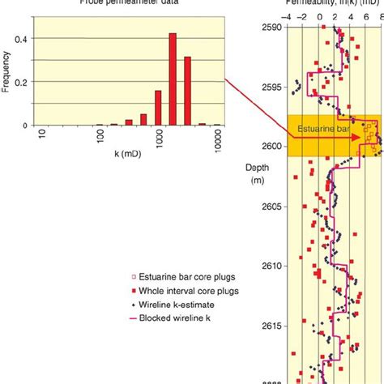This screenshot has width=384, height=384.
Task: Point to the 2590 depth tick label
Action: click(271, 27)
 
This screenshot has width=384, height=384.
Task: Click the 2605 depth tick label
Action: click(271, 207)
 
